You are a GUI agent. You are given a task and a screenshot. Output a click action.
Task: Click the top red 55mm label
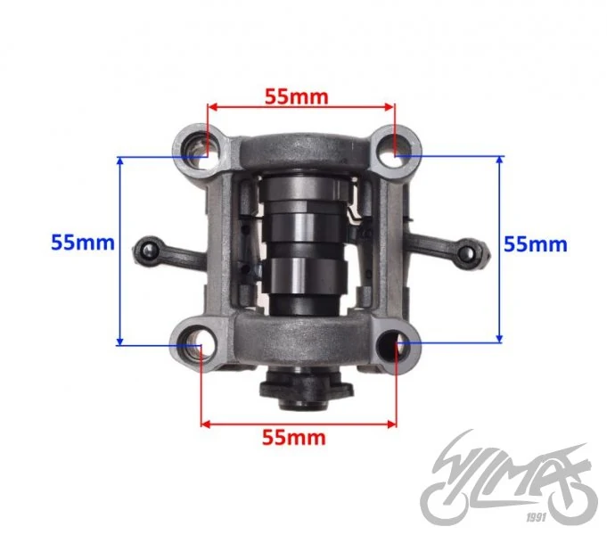(x=297, y=97)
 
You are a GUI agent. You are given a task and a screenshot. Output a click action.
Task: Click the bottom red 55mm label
(x=294, y=438)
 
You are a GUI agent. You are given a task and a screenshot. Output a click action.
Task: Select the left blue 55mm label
(x=83, y=243)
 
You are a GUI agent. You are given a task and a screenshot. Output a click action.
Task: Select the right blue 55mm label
(x=536, y=244)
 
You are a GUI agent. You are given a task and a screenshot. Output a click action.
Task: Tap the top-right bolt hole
(x=395, y=152)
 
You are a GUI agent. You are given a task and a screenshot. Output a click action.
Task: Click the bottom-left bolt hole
(x=195, y=345)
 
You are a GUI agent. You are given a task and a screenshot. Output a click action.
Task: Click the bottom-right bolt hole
(x=394, y=345)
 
